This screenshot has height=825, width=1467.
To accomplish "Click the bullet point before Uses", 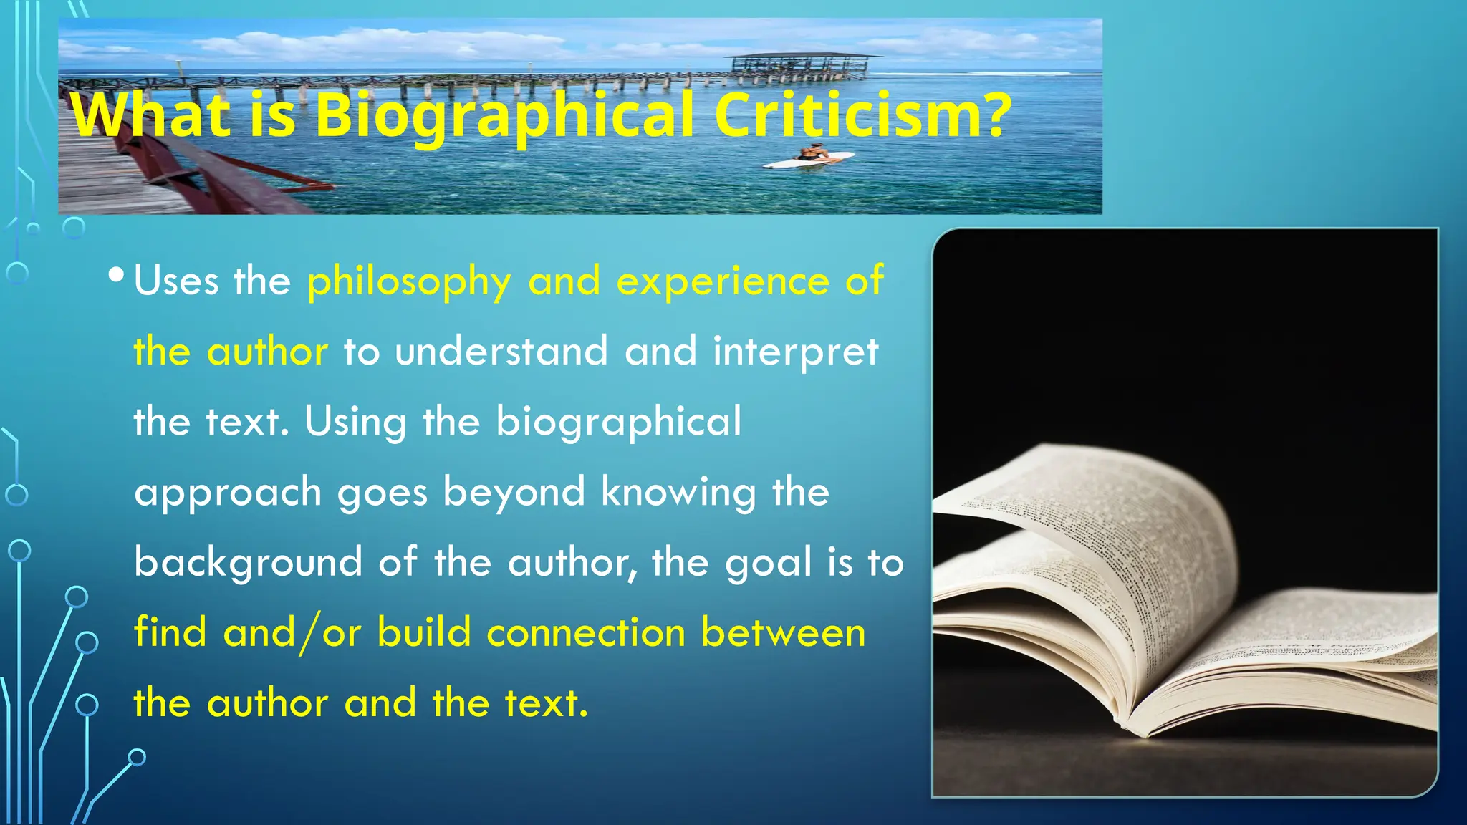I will point(117,275).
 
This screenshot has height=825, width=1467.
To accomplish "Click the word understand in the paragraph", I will point(501,352).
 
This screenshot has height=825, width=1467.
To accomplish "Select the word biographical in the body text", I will point(618,423).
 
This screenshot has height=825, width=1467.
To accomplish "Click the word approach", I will point(228,493).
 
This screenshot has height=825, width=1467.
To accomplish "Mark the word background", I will point(248,564).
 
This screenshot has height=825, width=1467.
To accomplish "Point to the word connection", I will point(586,633).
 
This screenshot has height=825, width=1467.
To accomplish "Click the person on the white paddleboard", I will point(812,153).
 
